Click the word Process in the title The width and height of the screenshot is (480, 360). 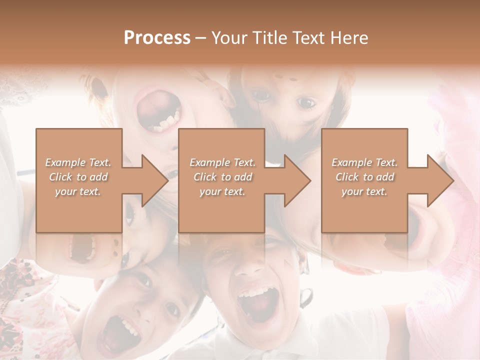coord(157,38)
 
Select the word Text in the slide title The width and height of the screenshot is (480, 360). coord(308,38)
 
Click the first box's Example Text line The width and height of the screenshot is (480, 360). coord(78,162)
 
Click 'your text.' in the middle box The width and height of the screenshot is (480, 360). coord(222,191)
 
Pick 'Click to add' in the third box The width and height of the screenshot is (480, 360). coord(364,177)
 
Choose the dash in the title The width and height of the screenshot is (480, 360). coord(201,38)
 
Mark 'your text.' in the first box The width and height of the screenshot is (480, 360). coord(78,191)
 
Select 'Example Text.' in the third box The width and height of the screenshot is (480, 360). coord(364,162)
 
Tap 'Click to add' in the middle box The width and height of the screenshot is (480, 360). coord(222,177)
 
